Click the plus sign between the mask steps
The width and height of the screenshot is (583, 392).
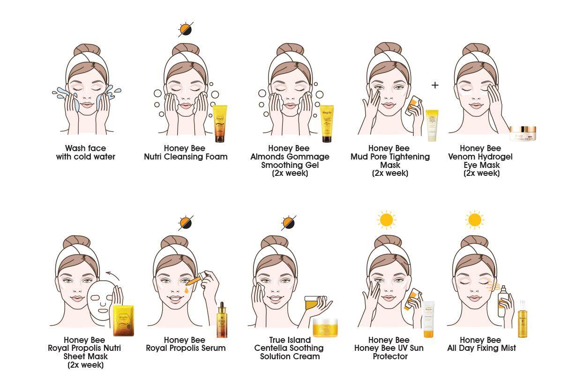pos(435,85)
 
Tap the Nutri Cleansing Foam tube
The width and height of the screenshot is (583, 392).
pos(220,123)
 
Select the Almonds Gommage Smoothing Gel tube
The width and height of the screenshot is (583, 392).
pos(327,123)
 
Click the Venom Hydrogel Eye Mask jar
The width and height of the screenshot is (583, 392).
pos(523,133)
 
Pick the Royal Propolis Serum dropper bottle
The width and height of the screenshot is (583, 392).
pos(222,319)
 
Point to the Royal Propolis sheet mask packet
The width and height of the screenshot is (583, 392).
pos(124,321)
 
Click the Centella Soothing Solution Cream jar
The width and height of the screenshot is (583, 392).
pos(325,327)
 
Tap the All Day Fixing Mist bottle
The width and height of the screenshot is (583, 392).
pos(522,319)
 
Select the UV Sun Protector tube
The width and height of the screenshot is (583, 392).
pos(428,319)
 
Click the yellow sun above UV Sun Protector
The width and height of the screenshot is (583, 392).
pos(387,220)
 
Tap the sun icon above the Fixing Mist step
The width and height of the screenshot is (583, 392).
pos(475,220)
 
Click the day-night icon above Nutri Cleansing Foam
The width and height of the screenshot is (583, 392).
pos(186,29)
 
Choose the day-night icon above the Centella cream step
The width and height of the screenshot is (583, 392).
pos(289,223)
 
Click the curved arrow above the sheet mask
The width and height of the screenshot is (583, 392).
pos(112,276)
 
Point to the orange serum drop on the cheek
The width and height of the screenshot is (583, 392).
pos(187,290)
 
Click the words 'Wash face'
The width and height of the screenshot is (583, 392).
pos(86,148)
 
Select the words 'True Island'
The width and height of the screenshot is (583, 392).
pos(290,340)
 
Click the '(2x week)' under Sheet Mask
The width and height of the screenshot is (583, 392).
pos(86,365)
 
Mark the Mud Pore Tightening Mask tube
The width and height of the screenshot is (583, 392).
pos(432,125)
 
